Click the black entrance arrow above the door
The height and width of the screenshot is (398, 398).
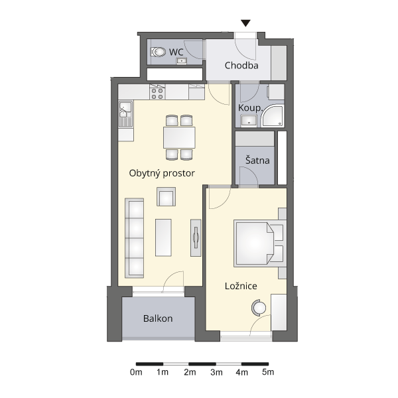(x=245, y=23)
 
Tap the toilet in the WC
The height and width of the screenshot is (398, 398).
(x=158, y=52)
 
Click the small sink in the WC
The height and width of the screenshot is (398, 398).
(x=182, y=61)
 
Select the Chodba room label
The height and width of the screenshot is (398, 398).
(x=241, y=66)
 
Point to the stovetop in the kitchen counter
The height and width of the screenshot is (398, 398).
(x=157, y=94)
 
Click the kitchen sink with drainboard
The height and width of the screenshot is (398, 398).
(x=125, y=113)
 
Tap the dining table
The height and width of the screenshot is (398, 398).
(x=179, y=137)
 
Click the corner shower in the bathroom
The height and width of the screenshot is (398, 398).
(x=273, y=115)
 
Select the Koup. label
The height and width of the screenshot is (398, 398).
(x=250, y=108)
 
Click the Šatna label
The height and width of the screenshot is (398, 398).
(x=257, y=160)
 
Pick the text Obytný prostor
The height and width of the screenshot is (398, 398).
(x=162, y=173)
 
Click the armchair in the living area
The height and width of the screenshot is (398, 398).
(x=166, y=197)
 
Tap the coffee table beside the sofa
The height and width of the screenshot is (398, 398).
(x=163, y=237)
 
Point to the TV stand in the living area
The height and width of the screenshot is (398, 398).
(x=196, y=237)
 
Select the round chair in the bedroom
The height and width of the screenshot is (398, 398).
(x=259, y=308)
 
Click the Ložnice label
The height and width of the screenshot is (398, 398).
(x=241, y=286)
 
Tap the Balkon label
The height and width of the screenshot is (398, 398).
(x=158, y=318)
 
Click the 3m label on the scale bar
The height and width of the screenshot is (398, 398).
(x=216, y=372)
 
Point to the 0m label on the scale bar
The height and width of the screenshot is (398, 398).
(x=136, y=372)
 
